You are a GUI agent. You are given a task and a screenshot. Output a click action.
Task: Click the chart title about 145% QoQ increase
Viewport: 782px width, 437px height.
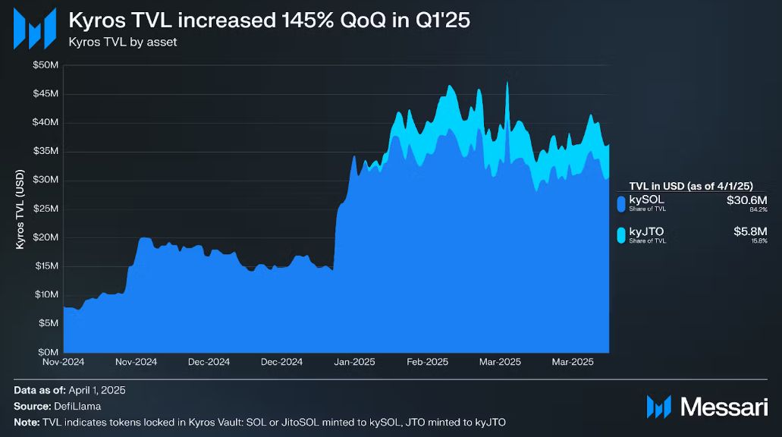click(x=269, y=20)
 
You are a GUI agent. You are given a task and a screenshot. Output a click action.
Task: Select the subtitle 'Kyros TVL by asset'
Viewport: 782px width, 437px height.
click(x=122, y=42)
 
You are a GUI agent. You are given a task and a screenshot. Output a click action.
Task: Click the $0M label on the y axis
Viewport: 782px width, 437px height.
click(x=48, y=352)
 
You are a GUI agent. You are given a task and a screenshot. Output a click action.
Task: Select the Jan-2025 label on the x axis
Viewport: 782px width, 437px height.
click(x=354, y=363)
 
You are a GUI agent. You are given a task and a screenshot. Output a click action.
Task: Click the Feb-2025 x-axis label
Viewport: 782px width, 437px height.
click(x=427, y=363)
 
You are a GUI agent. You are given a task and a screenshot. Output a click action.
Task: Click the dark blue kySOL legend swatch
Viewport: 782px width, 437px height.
click(x=621, y=203)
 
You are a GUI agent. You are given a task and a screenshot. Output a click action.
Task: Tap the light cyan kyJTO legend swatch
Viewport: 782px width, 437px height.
click(x=621, y=235)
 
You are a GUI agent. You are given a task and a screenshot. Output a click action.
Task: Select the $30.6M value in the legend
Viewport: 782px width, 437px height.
click(x=747, y=200)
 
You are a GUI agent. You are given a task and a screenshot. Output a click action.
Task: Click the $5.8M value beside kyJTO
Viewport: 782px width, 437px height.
click(x=750, y=231)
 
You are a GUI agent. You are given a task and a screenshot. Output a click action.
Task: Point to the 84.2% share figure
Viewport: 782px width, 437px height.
click(x=758, y=209)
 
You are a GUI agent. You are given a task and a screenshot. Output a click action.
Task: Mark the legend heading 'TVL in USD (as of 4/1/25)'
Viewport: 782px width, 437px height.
click(x=699, y=186)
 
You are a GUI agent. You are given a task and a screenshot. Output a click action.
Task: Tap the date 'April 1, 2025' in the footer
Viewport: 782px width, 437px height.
click(x=96, y=391)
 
